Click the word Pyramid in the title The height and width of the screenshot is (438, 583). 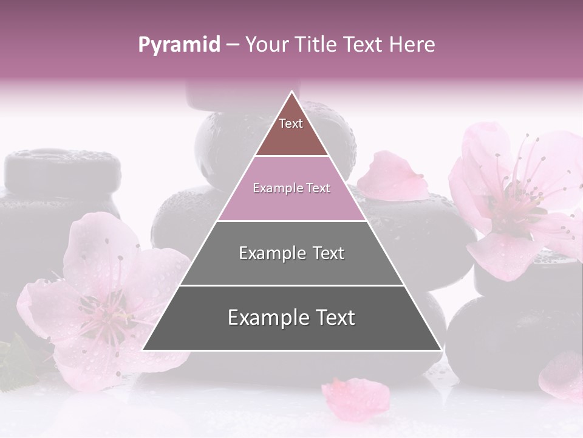(179, 45)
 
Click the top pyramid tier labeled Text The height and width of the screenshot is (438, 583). (291, 131)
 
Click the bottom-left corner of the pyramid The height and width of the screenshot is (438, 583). (143, 350)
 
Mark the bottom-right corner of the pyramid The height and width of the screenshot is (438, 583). (441, 350)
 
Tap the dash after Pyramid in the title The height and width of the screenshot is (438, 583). (232, 45)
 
